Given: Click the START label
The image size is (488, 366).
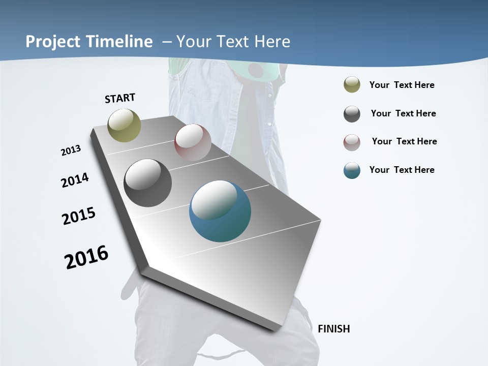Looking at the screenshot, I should pos(120,98).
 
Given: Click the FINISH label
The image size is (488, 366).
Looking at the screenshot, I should pos(333,329).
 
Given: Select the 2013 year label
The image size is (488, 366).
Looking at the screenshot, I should pos(71,150).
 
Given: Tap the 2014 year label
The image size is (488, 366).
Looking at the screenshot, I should pos(75,180).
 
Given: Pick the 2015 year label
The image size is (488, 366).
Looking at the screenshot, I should pos(79,216).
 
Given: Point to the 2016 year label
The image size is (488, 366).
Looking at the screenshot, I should pos(86,257).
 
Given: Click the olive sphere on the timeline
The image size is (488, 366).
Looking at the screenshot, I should pos(125,125).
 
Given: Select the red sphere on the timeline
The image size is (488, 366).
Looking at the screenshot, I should pos(193,142).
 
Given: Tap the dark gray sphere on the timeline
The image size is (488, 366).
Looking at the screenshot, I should pos(148,183).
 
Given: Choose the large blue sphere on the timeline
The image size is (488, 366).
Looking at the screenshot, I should pos(220,211).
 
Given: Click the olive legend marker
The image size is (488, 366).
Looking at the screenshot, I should pos(352,84).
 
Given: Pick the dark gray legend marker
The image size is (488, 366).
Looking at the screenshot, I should pos(352,114).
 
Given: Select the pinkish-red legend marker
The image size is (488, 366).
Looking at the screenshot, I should pos(352,142).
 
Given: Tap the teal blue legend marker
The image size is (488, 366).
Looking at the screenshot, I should pos(352,170).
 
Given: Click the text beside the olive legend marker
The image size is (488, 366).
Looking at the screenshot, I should pos(402,85).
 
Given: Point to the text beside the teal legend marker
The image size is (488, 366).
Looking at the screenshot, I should pos(402,170).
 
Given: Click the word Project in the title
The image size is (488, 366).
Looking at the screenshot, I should pos(50,42).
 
